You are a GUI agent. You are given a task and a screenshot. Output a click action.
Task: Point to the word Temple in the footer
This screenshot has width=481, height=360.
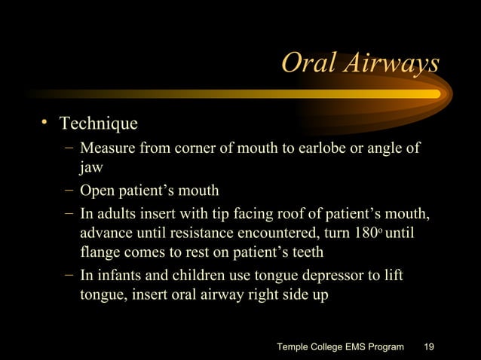296,346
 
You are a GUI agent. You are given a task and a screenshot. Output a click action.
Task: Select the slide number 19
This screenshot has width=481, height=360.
429,346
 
